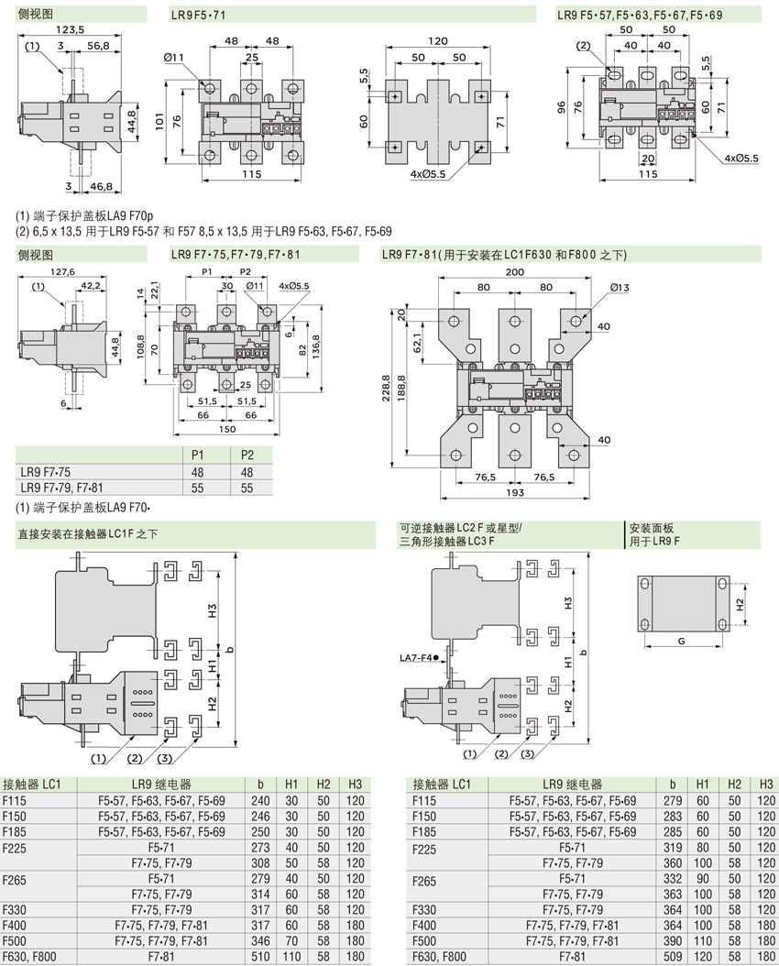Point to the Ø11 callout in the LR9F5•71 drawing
pyautogui.click(x=174, y=58)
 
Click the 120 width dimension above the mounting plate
pyautogui.click(x=437, y=41)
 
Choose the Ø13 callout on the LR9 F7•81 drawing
pyautogui.click(x=620, y=289)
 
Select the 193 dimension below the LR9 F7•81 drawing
pyautogui.click(x=513, y=494)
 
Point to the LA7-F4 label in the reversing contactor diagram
pyautogui.click(x=419, y=657)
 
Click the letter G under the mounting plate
pyautogui.click(x=682, y=642)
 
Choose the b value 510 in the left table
pyautogui.click(x=261, y=957)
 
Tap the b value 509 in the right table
pyautogui.click(x=673, y=957)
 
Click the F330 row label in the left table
pyautogui.click(x=16, y=909)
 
